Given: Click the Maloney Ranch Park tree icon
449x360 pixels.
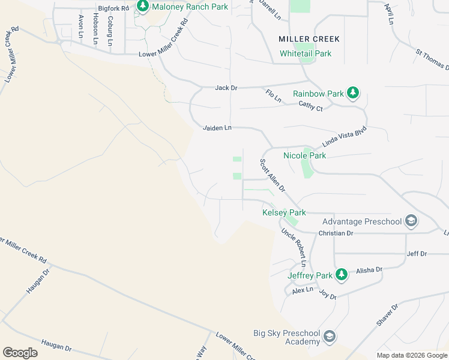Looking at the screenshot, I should tap(143, 7).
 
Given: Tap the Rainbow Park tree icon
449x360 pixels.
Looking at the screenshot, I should tap(354, 92).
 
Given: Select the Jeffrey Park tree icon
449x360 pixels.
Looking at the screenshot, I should tap(342, 275).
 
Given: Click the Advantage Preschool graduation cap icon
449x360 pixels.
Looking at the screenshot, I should tap(411, 221).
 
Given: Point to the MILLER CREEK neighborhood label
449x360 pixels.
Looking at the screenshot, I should tap(309, 39).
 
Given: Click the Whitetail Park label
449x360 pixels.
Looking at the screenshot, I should tap(306, 53).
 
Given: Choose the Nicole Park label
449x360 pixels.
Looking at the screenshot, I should tap(304, 155).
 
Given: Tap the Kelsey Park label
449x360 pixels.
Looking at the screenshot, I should tap(284, 212).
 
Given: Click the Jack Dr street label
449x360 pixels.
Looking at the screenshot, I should tap(226, 88).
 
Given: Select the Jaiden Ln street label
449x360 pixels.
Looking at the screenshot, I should tap(217, 128).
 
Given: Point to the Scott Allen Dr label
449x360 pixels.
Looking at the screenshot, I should tap(272, 176).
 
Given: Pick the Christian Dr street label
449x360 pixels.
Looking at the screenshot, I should tap(336, 233).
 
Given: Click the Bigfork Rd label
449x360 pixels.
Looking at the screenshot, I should tap(113, 8).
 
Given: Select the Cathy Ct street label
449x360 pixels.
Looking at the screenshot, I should tap(311, 106).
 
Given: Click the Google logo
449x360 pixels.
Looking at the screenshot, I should tap(20, 353).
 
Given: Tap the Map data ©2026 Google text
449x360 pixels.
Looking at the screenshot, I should tap(411, 355).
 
